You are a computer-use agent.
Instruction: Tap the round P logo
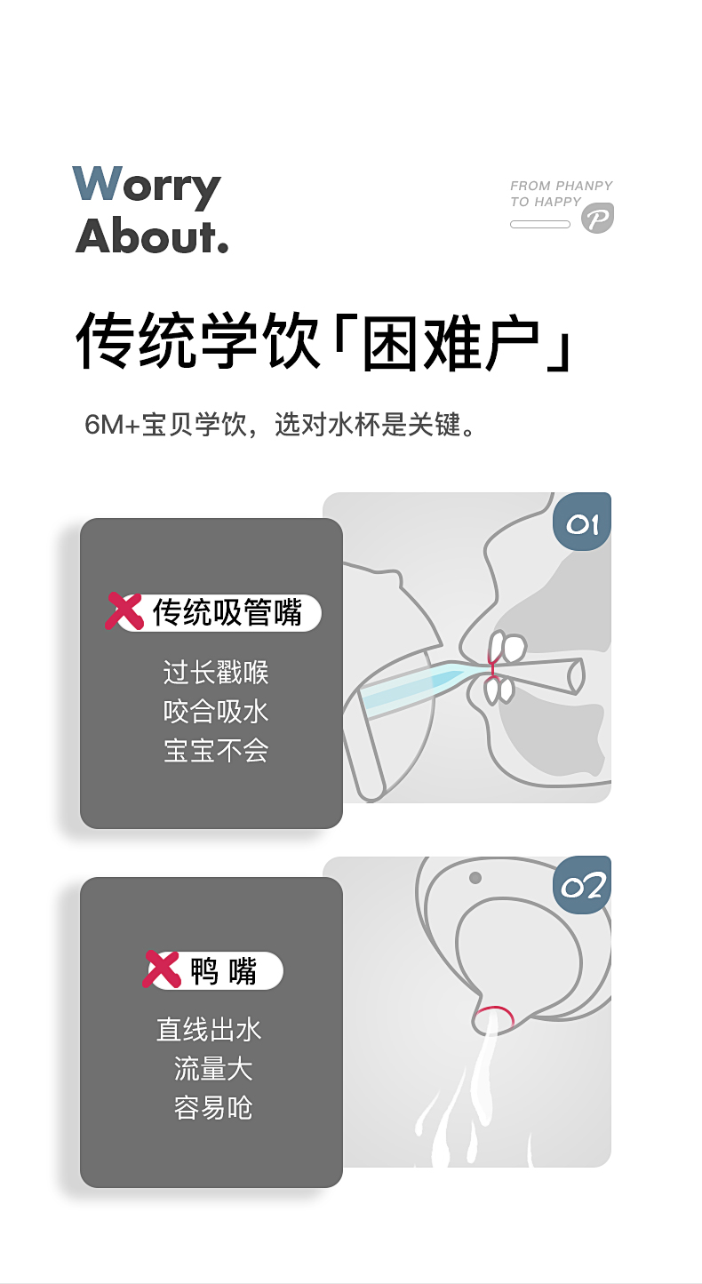point(597,218)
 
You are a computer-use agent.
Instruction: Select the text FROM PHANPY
point(561,186)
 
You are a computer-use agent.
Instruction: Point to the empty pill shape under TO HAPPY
point(539,224)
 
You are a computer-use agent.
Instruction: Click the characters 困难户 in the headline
point(451,343)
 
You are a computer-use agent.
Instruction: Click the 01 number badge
point(582,522)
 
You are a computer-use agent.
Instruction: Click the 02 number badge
point(582,886)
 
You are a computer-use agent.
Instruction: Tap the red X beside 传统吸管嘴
point(124,611)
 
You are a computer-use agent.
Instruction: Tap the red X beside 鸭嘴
point(161,969)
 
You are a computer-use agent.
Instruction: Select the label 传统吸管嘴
point(227,613)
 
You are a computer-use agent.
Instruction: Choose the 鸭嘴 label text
point(224,971)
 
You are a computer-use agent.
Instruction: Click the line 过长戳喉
point(215,672)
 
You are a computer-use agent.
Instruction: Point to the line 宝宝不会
point(215,750)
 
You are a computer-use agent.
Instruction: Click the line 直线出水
point(209,1030)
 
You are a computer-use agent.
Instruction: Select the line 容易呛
point(212,1107)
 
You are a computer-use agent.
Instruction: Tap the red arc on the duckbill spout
point(496,1014)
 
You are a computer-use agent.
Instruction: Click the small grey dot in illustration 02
point(475,878)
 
